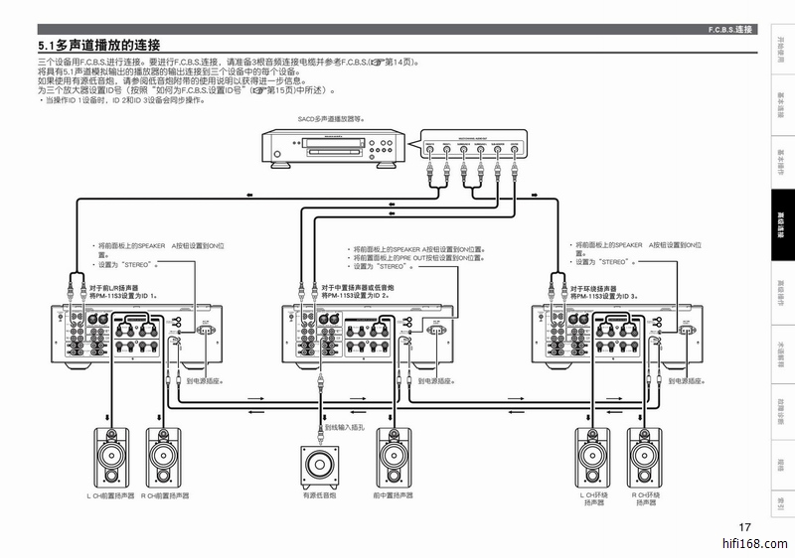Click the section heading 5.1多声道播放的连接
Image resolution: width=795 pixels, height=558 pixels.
click(x=99, y=46)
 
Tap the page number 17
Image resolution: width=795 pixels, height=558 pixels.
click(x=745, y=526)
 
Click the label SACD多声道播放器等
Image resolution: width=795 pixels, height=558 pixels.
click(x=331, y=117)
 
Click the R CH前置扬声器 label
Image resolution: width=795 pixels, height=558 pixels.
click(x=165, y=494)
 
